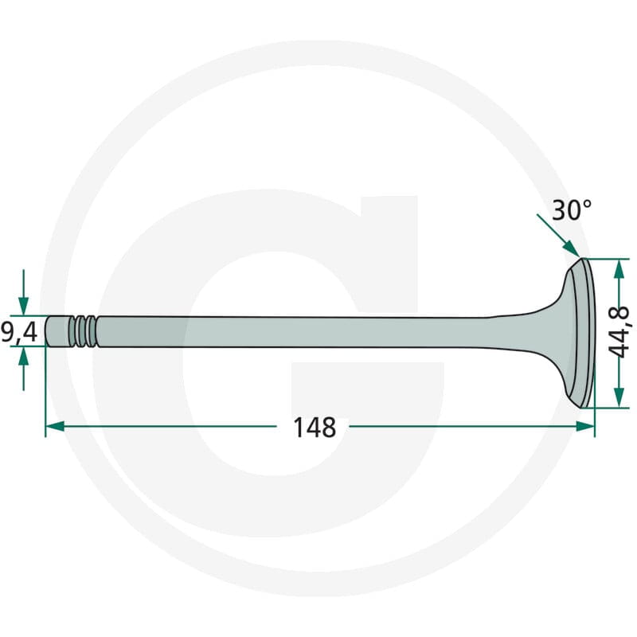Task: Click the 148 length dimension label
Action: pos(315,428)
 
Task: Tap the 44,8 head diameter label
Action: pos(619,333)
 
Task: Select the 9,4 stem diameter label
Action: pos(19,332)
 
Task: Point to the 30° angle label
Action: pos(572,210)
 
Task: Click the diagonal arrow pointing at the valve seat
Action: pos(558,236)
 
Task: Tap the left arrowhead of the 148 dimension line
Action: pos(55,427)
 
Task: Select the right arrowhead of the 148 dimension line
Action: pos(585,427)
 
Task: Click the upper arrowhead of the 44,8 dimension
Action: pos(619,269)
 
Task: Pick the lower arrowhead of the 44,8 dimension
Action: pos(619,397)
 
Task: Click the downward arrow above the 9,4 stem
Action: pos(24,292)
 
